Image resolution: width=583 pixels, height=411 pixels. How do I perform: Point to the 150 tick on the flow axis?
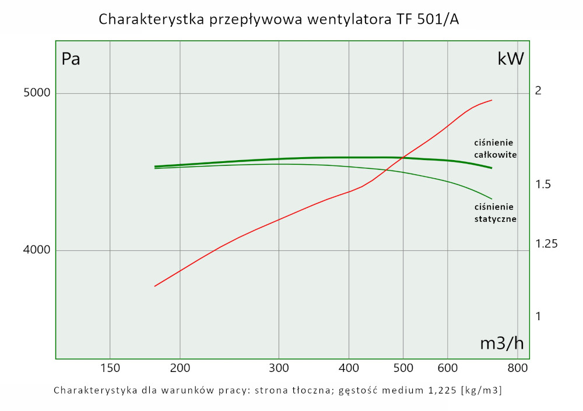pyautogui.click(x=110, y=367)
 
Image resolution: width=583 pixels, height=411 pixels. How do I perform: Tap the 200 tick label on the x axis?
pyautogui.click(x=180, y=367)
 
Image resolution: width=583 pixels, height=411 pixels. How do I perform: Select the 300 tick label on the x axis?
pyautogui.click(x=279, y=367)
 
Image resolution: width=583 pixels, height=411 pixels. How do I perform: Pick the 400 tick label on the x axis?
pyautogui.click(x=349, y=367)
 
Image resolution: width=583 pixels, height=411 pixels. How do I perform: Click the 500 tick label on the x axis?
pyautogui.click(x=403, y=367)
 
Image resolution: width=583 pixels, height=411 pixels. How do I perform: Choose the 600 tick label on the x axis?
pyautogui.click(x=447, y=367)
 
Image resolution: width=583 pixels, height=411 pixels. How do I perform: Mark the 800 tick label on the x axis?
pyautogui.click(x=518, y=367)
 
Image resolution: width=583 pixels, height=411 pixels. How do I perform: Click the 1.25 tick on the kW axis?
pyautogui.click(x=546, y=244)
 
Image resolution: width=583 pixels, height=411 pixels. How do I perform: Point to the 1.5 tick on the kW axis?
pyautogui.click(x=543, y=185)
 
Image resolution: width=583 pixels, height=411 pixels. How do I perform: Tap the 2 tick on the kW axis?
pyautogui.click(x=538, y=91)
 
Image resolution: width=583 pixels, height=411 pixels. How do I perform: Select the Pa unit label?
pyautogui.click(x=71, y=59)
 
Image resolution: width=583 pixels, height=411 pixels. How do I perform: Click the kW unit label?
pyautogui.click(x=511, y=59)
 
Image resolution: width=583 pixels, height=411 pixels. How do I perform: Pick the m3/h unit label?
pyautogui.click(x=501, y=343)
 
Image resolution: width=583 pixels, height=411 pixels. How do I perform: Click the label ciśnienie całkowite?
pyautogui.click(x=495, y=148)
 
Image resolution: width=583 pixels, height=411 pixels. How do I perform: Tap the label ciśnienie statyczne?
pyautogui.click(x=495, y=212)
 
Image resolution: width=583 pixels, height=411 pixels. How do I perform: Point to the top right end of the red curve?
pyautogui.click(x=492, y=100)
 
